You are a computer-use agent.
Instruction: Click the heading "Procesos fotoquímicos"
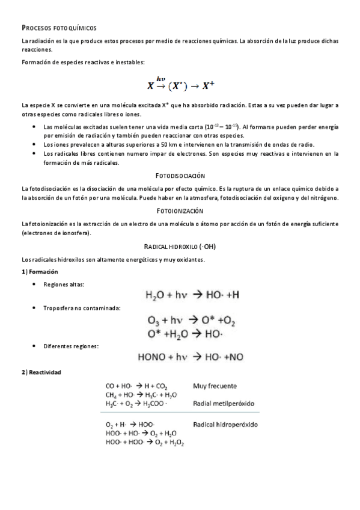[x=58, y=28]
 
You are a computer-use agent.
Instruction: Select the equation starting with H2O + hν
[x=192, y=295]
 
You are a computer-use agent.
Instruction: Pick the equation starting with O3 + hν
[x=192, y=320]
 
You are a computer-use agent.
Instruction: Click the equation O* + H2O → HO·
[x=185, y=333]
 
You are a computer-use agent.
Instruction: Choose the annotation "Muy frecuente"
[x=215, y=386]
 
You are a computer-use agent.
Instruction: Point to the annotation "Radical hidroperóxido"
[x=225, y=424]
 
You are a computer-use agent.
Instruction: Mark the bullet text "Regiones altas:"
[x=64, y=284]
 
